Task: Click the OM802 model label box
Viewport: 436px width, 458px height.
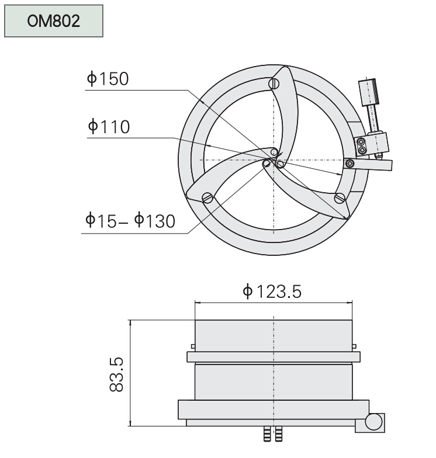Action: point(54,21)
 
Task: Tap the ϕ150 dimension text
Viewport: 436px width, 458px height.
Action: point(108,78)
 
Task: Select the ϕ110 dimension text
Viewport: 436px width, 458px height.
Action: point(109,126)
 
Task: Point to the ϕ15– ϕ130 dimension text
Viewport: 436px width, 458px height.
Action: point(130,220)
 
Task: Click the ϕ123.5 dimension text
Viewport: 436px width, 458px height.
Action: point(272,291)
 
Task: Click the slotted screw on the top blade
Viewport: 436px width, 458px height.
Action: point(274,84)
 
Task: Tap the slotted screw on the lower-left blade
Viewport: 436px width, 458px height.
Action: point(207,197)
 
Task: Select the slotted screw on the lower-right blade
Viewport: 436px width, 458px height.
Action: point(340,198)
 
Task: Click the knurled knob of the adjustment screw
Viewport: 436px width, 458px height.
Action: point(368,92)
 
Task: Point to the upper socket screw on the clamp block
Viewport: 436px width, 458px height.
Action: point(361,142)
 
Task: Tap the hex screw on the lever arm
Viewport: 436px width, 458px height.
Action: point(350,164)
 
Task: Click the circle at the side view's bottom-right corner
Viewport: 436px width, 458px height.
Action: point(373,422)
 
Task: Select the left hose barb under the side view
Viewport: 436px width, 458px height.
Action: point(267,433)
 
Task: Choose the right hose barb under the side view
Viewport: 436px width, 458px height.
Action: point(278,433)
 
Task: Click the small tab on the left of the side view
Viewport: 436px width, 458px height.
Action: point(193,346)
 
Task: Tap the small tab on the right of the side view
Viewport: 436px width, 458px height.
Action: point(354,346)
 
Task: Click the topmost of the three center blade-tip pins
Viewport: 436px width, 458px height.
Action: point(274,152)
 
